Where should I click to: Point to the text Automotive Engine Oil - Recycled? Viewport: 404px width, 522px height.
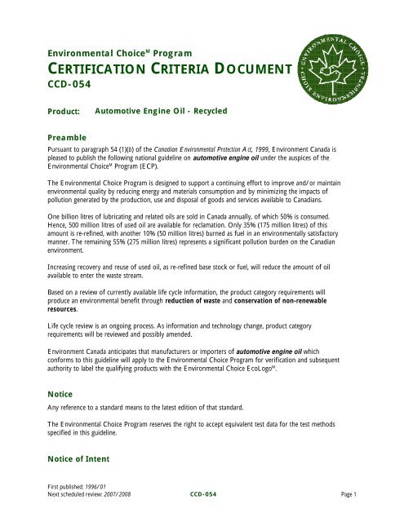click(161, 109)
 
